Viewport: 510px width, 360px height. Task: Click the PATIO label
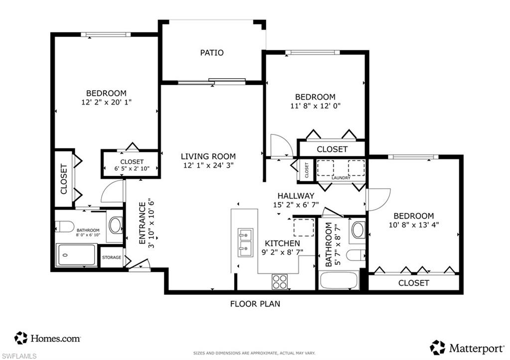(x=212, y=53)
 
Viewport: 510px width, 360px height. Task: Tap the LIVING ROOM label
(x=208, y=156)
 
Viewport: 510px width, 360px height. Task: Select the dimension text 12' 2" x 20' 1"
(x=107, y=103)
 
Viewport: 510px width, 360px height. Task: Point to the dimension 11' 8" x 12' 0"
(x=315, y=106)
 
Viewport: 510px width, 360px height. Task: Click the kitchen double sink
(x=245, y=242)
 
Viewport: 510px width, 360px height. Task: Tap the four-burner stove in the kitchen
(x=280, y=282)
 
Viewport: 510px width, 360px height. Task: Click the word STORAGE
(x=112, y=257)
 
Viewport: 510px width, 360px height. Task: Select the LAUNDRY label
(x=341, y=178)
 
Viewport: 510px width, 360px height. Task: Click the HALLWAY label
(x=296, y=196)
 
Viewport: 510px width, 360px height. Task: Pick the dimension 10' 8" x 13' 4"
(x=414, y=225)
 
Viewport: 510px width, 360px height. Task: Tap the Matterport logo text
(x=477, y=349)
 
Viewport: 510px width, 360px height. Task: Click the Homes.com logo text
(x=56, y=339)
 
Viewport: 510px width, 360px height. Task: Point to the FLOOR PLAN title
(x=255, y=304)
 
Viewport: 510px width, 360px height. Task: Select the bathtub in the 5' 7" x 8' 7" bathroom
(x=339, y=281)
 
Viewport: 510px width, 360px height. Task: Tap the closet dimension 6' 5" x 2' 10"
(x=131, y=168)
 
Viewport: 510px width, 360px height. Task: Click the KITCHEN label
(x=282, y=243)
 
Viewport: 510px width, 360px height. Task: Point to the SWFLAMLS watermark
(x=18, y=356)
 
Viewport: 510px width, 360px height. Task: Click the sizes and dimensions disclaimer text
(x=255, y=353)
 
